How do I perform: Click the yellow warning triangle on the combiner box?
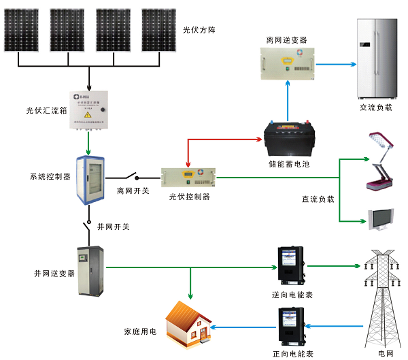tap(88, 116)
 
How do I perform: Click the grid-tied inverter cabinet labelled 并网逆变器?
tap(90, 269)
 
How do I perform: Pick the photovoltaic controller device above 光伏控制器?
tap(188, 178)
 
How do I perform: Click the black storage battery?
tap(289, 139)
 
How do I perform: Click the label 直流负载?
tap(318, 200)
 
